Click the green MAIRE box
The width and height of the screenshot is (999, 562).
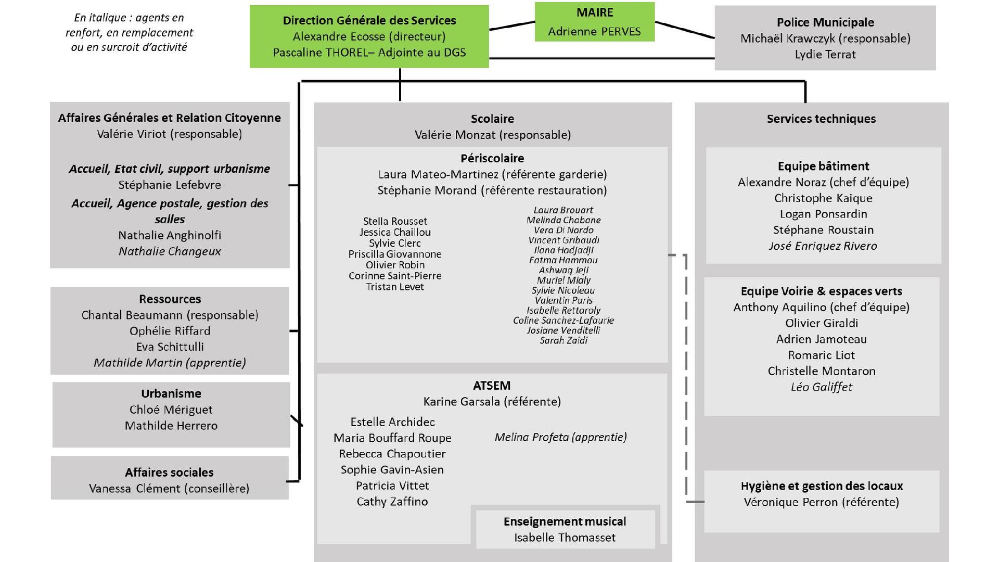[595, 22]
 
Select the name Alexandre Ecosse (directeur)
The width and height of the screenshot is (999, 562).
[369, 36]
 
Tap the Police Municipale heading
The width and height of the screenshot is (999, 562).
[825, 22]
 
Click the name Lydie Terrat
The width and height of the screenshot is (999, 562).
[825, 54]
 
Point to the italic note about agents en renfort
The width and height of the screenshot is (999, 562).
[129, 32]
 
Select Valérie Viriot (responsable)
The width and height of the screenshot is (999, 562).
[170, 134]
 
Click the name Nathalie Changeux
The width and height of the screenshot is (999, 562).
[170, 251]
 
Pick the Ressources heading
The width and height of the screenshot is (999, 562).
[170, 299]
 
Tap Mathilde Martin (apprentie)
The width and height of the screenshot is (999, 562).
[170, 363]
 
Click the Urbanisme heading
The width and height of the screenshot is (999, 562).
[171, 393]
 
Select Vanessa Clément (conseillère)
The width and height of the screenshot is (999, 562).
[169, 489]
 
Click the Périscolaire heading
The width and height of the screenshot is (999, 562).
[492, 158]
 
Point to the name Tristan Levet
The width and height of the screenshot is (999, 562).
[395, 287]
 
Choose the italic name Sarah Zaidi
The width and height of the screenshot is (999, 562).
[563, 340]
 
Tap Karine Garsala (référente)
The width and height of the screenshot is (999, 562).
[492, 402]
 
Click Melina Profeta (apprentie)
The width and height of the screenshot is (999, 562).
[561, 437]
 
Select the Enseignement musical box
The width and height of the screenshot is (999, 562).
[565, 529]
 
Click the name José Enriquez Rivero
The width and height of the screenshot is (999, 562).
[823, 246]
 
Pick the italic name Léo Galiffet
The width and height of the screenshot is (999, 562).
[822, 387]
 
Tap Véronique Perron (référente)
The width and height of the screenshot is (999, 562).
[822, 502]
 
